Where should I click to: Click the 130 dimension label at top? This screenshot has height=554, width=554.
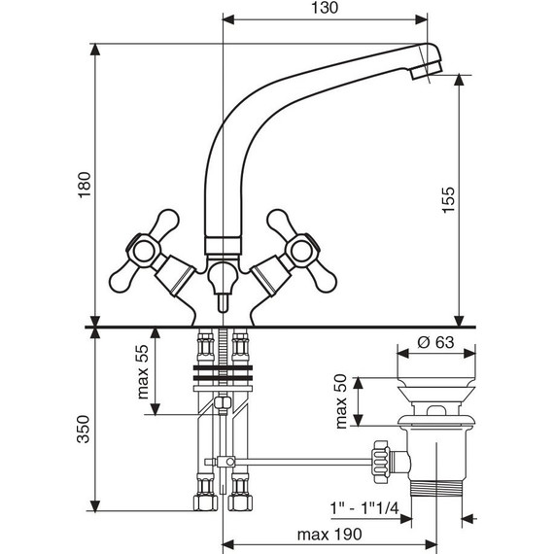[325, 8]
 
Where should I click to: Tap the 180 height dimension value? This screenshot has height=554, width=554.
[85, 185]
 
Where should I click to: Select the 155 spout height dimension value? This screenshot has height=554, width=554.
[449, 199]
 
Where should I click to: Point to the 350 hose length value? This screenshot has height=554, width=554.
[84, 429]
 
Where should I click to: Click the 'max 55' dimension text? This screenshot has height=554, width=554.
[143, 371]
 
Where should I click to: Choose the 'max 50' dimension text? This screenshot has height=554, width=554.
[341, 402]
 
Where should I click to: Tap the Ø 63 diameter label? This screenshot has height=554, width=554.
[435, 342]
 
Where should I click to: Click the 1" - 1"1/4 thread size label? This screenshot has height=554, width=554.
[364, 508]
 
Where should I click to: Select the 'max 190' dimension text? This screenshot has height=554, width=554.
[329, 535]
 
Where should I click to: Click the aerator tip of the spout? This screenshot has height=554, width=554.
[427, 70]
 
